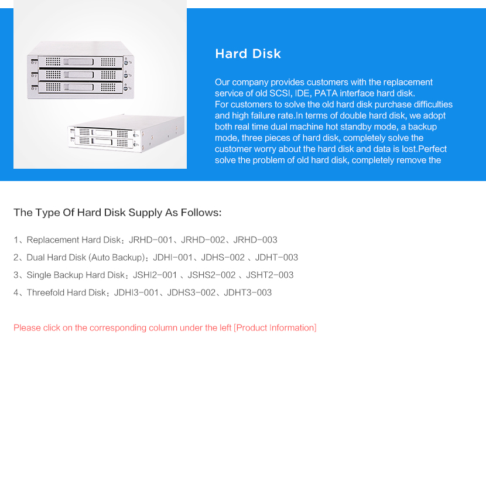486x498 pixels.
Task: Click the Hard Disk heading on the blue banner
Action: coord(248,54)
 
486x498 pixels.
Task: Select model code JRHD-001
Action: coord(150,240)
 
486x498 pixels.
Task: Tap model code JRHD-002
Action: coord(203,240)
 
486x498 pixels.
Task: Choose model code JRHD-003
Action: coord(255,240)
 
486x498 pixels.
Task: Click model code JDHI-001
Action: coord(173,257)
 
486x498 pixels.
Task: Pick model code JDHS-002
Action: coord(223,257)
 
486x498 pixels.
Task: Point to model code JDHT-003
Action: coord(276,257)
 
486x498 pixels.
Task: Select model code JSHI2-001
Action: coord(155,275)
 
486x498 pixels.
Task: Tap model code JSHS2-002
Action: coord(211,275)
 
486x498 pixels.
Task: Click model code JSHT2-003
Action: coord(269,275)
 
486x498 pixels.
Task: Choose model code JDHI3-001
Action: coord(136,292)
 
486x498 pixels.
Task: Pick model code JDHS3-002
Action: coord(191,292)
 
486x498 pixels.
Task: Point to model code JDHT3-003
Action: coord(248,292)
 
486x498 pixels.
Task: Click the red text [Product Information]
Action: coord(275,328)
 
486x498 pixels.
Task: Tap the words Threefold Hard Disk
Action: coord(66,292)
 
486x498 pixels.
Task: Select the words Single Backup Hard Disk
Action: coord(76,275)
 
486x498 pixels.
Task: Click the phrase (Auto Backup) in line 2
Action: coord(117,257)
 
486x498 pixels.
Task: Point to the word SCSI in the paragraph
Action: coord(280,93)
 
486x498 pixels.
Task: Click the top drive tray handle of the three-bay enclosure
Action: coord(78,62)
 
